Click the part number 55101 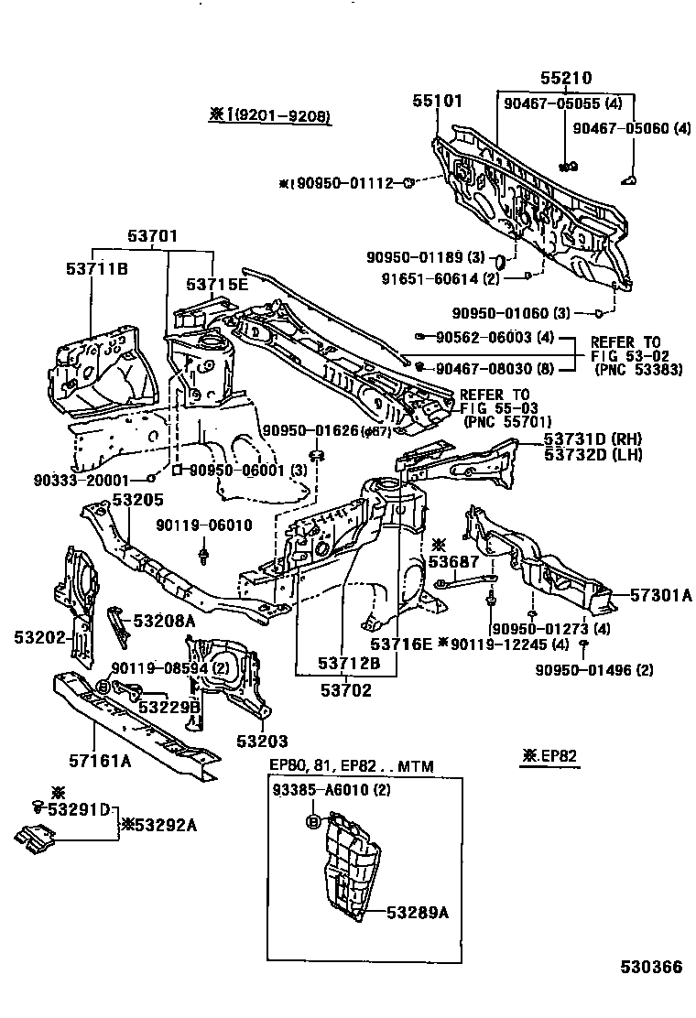[436, 101]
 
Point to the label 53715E [217, 284]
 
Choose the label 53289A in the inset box [422, 912]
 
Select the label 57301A [660, 596]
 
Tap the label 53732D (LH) [593, 455]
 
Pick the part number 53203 [262, 741]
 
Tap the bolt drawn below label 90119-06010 [203, 556]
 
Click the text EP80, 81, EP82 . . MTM [351, 765]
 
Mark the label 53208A [164, 621]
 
